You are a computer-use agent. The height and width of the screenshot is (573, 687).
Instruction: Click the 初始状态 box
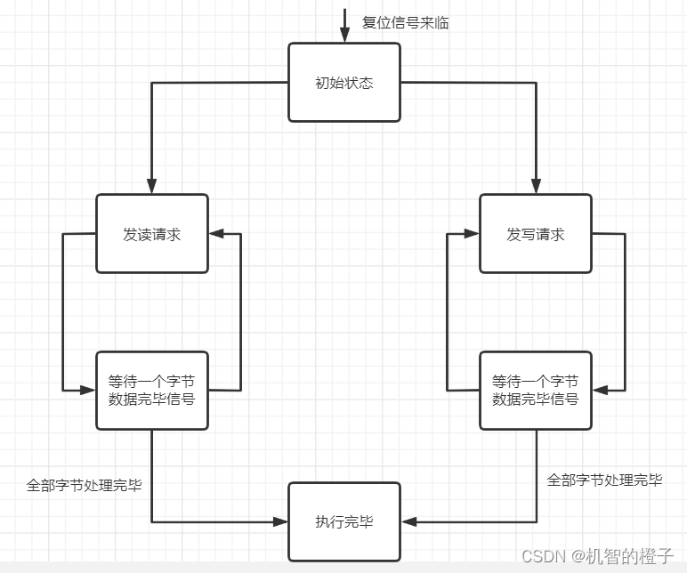344,82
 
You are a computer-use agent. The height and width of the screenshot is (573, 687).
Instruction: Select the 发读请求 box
152,234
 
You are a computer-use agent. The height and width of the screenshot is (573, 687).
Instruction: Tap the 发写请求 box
536,234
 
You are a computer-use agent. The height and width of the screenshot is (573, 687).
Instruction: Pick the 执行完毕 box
344,521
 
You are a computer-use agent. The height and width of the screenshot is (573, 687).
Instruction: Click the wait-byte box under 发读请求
152,391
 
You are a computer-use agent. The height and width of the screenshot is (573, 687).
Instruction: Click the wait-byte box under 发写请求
536,391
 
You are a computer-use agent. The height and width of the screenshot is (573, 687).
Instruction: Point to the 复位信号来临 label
405,23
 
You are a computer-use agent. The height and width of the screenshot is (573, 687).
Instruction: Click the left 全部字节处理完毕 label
85,486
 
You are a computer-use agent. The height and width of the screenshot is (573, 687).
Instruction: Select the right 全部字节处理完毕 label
604,480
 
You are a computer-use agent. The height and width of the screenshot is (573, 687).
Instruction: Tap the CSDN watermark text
597,556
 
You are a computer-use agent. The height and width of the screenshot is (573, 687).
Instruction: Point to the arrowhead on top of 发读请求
152,188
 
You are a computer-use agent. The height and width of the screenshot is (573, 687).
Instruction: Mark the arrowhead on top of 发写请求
536,188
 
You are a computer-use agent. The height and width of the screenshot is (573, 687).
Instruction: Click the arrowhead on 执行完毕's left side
281,521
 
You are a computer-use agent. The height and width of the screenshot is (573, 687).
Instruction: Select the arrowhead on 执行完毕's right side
408,521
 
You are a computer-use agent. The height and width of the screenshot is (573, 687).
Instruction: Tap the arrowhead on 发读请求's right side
216,234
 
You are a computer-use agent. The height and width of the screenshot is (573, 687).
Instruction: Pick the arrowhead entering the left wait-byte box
88,390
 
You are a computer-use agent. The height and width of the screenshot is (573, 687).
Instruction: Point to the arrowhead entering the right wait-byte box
601,390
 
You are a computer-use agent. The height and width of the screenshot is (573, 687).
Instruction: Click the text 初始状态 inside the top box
344,83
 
